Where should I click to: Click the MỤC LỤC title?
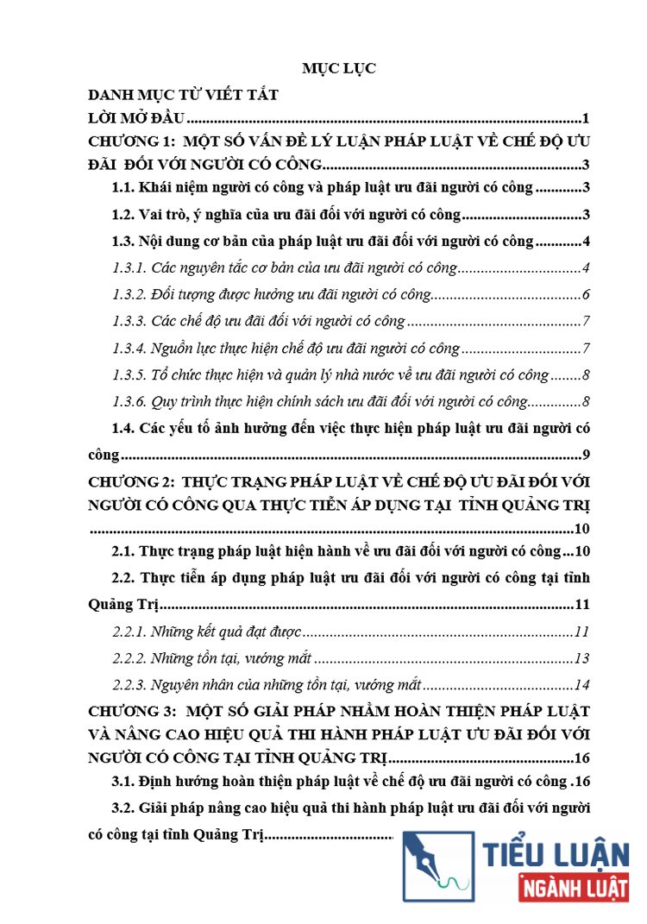tap(339, 69)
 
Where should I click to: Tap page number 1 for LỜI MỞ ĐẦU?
tap(585, 119)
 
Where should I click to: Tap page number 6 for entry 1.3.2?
tap(585, 295)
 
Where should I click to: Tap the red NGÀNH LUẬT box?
tap(574, 887)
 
